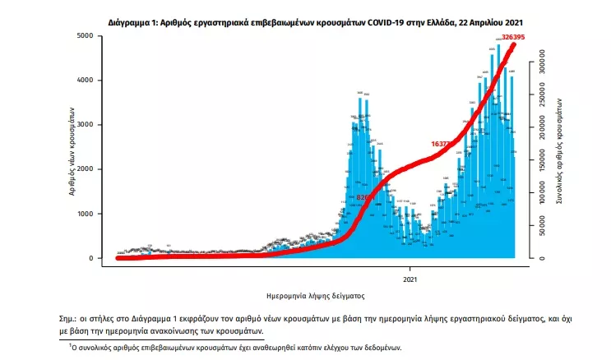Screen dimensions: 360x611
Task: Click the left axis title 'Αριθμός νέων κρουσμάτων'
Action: coord(72,148)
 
